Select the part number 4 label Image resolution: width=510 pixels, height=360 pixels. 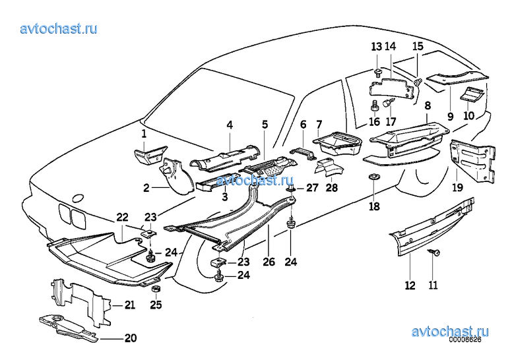point(230,125)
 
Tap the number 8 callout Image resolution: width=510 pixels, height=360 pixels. point(428,105)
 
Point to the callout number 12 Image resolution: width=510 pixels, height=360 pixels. point(410,285)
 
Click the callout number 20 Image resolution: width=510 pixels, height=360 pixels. point(130,339)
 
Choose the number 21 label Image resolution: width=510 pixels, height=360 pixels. point(129,305)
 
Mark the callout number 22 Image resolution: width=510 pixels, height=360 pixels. point(123,217)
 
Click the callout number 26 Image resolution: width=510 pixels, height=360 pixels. point(269,261)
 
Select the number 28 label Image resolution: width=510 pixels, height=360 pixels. point(331,189)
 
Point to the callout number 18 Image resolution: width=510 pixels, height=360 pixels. point(375,207)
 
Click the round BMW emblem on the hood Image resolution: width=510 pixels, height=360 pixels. point(78,198)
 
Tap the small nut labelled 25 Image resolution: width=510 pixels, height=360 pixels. point(156,289)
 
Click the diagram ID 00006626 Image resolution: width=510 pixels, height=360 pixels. point(466,341)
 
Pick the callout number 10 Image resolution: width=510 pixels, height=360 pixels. point(468,116)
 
